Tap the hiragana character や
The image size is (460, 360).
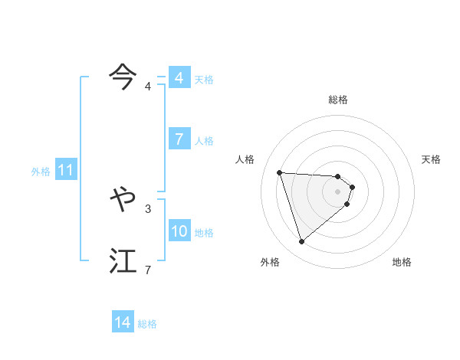(123, 199)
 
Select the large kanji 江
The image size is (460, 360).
(123, 260)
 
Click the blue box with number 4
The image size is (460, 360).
(179, 78)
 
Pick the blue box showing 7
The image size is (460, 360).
(179, 139)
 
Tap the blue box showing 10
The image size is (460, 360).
(179, 231)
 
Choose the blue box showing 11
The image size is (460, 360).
(65, 170)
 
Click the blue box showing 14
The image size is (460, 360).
(123, 322)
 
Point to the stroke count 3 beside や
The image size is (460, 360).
(148, 208)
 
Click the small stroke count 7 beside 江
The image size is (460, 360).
(148, 270)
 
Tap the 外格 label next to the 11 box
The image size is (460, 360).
(41, 172)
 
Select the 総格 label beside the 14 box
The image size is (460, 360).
(147, 324)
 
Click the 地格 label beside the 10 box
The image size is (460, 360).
(204, 233)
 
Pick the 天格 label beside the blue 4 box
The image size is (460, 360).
(204, 80)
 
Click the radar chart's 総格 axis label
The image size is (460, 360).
(338, 100)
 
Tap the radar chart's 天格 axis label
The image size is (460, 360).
(432, 159)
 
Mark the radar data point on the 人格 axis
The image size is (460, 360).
(280, 172)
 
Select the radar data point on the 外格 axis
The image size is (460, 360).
(302, 242)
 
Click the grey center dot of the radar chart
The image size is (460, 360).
(338, 191)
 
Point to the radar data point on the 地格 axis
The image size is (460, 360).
(347, 204)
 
